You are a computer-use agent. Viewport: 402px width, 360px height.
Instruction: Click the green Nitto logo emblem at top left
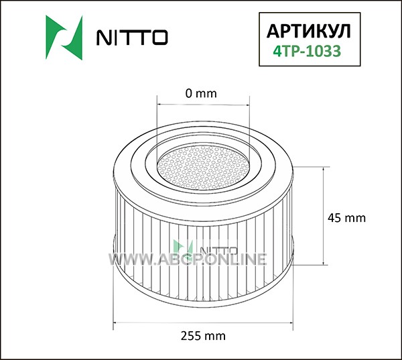pos(64,38)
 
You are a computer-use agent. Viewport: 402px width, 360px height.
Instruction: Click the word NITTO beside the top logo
pos(132,38)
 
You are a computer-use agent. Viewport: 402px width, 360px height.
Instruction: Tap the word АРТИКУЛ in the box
pos(308,32)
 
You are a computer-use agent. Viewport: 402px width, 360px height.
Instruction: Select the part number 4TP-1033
pos(307,51)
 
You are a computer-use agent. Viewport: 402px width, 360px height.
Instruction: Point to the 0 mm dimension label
pos(201,94)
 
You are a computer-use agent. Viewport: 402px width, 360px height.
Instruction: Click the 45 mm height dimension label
pos(346,218)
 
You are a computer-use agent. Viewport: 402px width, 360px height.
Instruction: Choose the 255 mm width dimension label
pos(203,336)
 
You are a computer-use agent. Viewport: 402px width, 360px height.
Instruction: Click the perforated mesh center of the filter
pos(204,168)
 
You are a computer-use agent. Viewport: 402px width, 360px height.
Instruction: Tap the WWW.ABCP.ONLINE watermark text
pos(188,259)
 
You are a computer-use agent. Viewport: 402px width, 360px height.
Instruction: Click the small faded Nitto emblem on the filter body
pos(183,247)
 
